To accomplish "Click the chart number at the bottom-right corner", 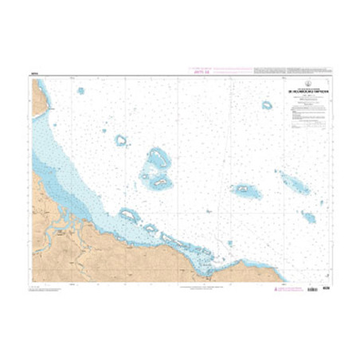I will [326, 288].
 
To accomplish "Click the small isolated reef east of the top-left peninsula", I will [80, 91].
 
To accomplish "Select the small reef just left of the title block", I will [267, 104].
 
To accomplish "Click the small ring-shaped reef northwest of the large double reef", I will [121, 140].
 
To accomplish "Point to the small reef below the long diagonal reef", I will [308, 216].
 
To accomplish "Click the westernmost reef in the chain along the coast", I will [129, 214].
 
